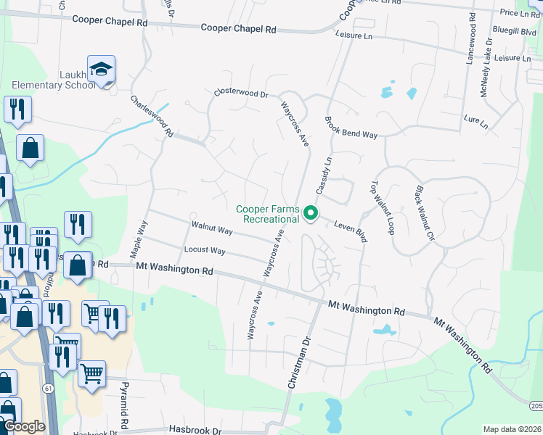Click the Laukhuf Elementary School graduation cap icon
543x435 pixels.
click(x=101, y=70)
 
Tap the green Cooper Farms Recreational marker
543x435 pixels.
click(x=311, y=212)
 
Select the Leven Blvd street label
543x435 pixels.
click(x=351, y=231)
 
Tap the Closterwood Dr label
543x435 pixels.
click(x=240, y=94)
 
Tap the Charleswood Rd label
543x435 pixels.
click(x=152, y=117)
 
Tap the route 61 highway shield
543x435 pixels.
click(x=48, y=389)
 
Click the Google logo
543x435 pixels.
click(x=24, y=427)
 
